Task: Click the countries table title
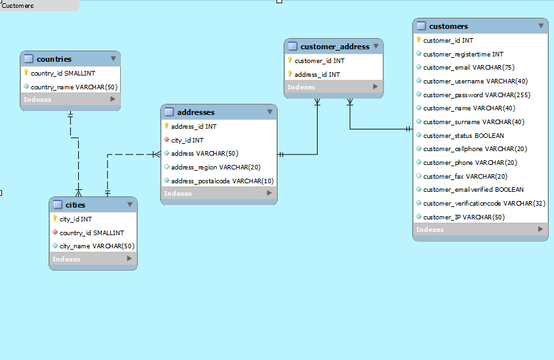click(x=54, y=59)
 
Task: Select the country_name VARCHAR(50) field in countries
click(x=74, y=87)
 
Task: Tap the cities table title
click(x=75, y=205)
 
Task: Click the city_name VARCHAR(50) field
click(x=96, y=246)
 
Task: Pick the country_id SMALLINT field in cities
click(x=91, y=233)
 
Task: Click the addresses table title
click(x=196, y=112)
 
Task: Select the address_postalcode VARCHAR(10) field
click(x=222, y=181)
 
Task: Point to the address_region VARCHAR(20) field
click(x=215, y=167)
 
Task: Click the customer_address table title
click(x=335, y=47)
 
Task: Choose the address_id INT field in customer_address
click(x=316, y=74)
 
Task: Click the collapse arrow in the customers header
click(x=541, y=26)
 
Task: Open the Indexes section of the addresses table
click(x=178, y=194)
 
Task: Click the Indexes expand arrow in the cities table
click(x=130, y=259)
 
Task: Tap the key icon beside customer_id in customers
click(x=418, y=40)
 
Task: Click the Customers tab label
click(x=18, y=5)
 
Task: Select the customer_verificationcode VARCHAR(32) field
click(x=484, y=203)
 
